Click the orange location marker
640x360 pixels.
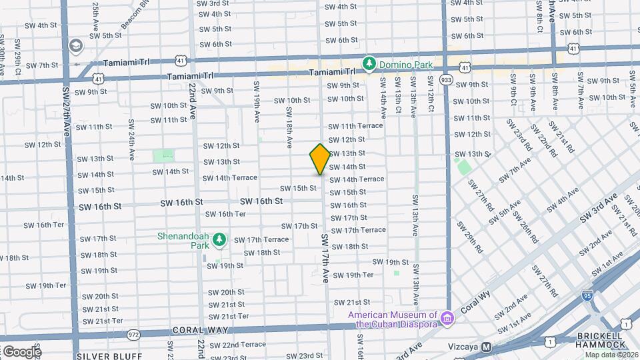pyautogui.click(x=320, y=159)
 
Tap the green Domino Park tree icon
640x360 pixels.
pyautogui.click(x=369, y=64)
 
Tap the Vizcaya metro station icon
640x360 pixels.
pyautogui.click(x=487, y=347)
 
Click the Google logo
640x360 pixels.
pyautogui.click(x=21, y=351)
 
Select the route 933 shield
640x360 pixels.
pyautogui.click(x=447, y=80)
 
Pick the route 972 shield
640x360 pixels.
pyautogui.click(x=134, y=333)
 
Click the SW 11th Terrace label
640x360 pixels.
pyautogui.click(x=355, y=126)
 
